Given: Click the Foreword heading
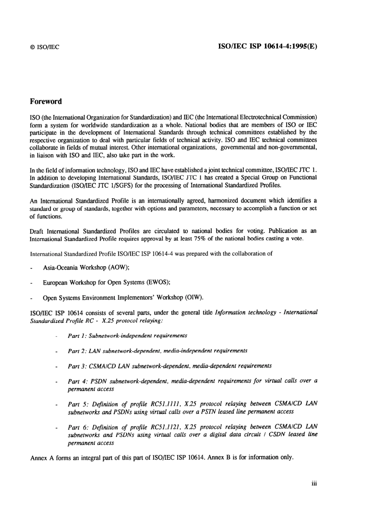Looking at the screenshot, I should click(x=46, y=101).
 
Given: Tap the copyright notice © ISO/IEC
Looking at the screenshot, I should click(x=45, y=47).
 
